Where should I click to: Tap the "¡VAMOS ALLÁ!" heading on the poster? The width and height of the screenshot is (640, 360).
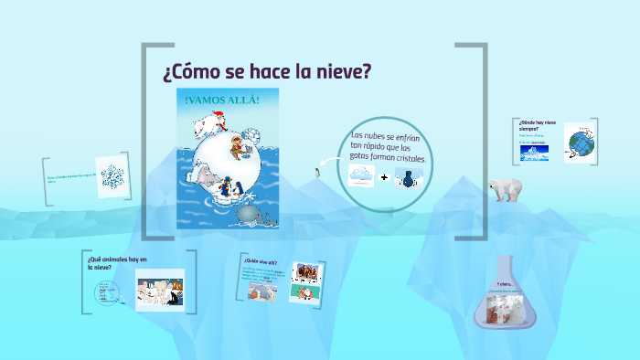pyautogui.click(x=222, y=100)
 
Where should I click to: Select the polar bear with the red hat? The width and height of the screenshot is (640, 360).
pyautogui.click(x=211, y=123)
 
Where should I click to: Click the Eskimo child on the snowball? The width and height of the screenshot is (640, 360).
pyautogui.click(x=237, y=145)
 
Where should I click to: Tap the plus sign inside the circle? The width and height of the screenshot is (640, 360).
pyautogui.click(x=384, y=177)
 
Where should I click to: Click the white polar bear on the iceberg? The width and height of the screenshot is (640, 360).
pyautogui.click(x=504, y=188)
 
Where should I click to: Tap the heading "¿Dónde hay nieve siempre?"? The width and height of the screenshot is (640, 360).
pyautogui.click(x=536, y=125)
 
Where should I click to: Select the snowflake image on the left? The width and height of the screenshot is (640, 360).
pyautogui.click(x=112, y=177)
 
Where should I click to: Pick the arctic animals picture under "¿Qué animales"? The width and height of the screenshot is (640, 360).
pyautogui.click(x=160, y=291)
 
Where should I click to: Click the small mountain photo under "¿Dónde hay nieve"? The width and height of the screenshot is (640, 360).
pyautogui.click(x=534, y=154)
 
